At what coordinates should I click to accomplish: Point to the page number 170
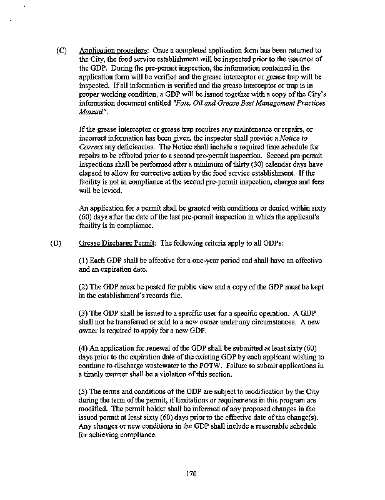click(x=192, y=473)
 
